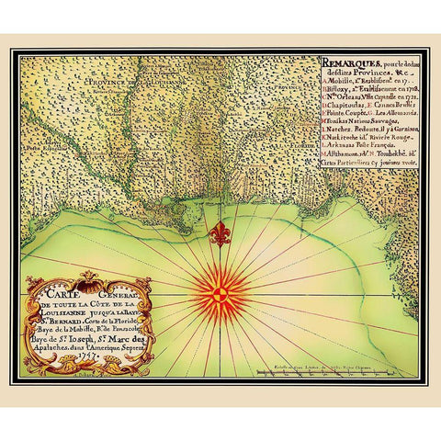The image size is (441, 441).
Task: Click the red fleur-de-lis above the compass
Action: (x=219, y=233)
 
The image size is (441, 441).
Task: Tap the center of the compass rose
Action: (x=220, y=294)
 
